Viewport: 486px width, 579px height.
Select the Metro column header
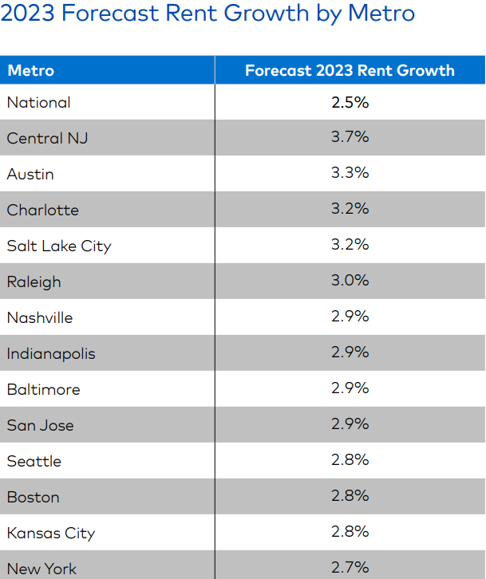tap(31, 70)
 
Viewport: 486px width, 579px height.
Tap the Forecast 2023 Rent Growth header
tap(350, 70)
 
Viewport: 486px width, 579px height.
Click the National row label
tap(38, 102)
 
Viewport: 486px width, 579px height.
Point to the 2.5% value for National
tap(350, 102)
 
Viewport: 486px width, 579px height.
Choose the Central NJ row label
tap(47, 138)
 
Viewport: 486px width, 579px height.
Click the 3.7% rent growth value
tap(350, 137)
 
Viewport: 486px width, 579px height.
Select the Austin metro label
tap(30, 174)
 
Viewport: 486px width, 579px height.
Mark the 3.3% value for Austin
tap(350, 173)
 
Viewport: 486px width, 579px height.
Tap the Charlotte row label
tap(43, 210)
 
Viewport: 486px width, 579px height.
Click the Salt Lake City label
tap(59, 246)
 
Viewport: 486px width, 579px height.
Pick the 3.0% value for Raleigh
tap(350, 281)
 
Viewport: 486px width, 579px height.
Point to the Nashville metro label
tap(40, 317)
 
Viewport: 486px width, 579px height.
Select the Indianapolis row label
tap(51, 353)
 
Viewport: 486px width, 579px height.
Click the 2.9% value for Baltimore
tap(350, 388)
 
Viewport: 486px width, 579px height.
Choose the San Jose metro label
tap(40, 425)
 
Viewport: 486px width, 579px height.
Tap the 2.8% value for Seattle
tap(350, 460)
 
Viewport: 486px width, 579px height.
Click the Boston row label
tap(33, 497)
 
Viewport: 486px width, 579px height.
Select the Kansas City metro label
tap(50, 533)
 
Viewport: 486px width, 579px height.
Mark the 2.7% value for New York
tap(350, 567)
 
